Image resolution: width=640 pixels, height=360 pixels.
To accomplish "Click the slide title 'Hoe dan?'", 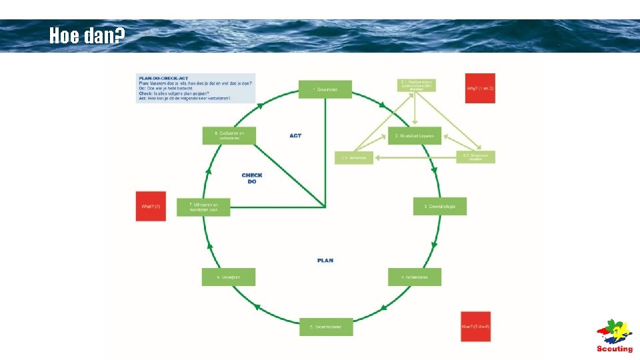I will pyautogui.click(x=87, y=35).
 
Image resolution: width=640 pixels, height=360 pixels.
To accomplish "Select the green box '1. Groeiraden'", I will pyautogui.click(x=325, y=89).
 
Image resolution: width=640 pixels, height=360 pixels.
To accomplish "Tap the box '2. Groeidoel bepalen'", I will pyautogui.click(x=415, y=136).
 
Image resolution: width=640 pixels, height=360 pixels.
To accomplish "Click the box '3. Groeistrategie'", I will pyautogui.click(x=440, y=207).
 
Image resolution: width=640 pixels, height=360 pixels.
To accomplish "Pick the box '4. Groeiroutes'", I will pyautogui.click(x=414, y=277).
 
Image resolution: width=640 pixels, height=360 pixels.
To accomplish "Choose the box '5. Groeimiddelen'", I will pyautogui.click(x=326, y=327).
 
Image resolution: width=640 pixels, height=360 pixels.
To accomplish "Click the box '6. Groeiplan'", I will pyautogui.click(x=228, y=277).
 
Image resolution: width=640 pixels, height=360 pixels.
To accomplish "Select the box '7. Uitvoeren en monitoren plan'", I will pyautogui.click(x=203, y=207).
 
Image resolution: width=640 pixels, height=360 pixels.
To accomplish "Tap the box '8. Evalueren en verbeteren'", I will pyautogui.click(x=229, y=135).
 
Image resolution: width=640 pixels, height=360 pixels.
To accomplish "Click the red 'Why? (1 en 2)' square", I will pyautogui.click(x=480, y=89).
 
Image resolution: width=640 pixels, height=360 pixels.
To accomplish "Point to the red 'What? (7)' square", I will pyautogui.click(x=151, y=207).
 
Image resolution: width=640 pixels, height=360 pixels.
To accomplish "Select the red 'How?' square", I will pyautogui.click(x=475, y=327).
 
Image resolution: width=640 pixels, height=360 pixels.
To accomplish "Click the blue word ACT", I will pyautogui.click(x=295, y=135).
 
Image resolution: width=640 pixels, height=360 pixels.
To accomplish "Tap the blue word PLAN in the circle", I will pyautogui.click(x=325, y=260).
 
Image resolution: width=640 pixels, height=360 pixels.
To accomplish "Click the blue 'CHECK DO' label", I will pyautogui.click(x=252, y=178).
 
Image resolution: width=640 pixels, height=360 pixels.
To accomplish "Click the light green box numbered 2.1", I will pyautogui.click(x=417, y=85).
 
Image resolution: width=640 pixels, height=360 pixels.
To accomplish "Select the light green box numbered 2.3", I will pyautogui.click(x=354, y=158).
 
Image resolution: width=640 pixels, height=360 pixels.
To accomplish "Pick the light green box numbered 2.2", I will pyautogui.click(x=475, y=157).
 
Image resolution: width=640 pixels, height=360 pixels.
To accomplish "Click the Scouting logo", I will pyautogui.click(x=614, y=337).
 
